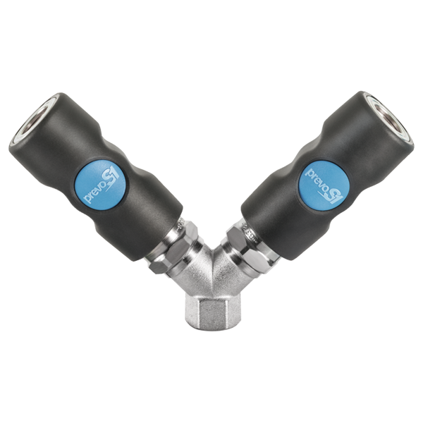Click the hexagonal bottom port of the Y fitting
pos(211,310)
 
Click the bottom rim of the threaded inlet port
pos(211,325)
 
